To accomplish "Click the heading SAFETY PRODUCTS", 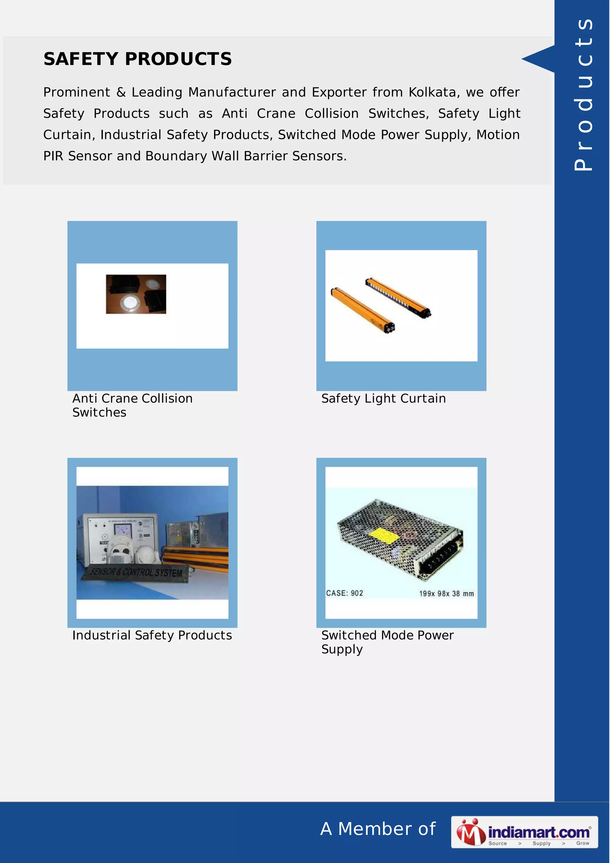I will coord(138,59).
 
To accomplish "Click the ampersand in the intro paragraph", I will coord(121,92).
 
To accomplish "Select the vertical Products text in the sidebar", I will coord(583,94).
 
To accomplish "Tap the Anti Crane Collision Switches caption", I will coord(132,405).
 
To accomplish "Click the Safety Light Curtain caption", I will coord(383,398).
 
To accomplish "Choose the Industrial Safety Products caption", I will coord(152,635).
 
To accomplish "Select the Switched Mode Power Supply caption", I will coord(387,642).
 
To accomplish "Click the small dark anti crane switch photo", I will coord(136,294).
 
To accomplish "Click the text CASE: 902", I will coord(344,593).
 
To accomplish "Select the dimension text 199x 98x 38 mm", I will coord(446,593).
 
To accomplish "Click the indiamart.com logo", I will coord(524,832).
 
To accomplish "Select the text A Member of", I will coord(378,829).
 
